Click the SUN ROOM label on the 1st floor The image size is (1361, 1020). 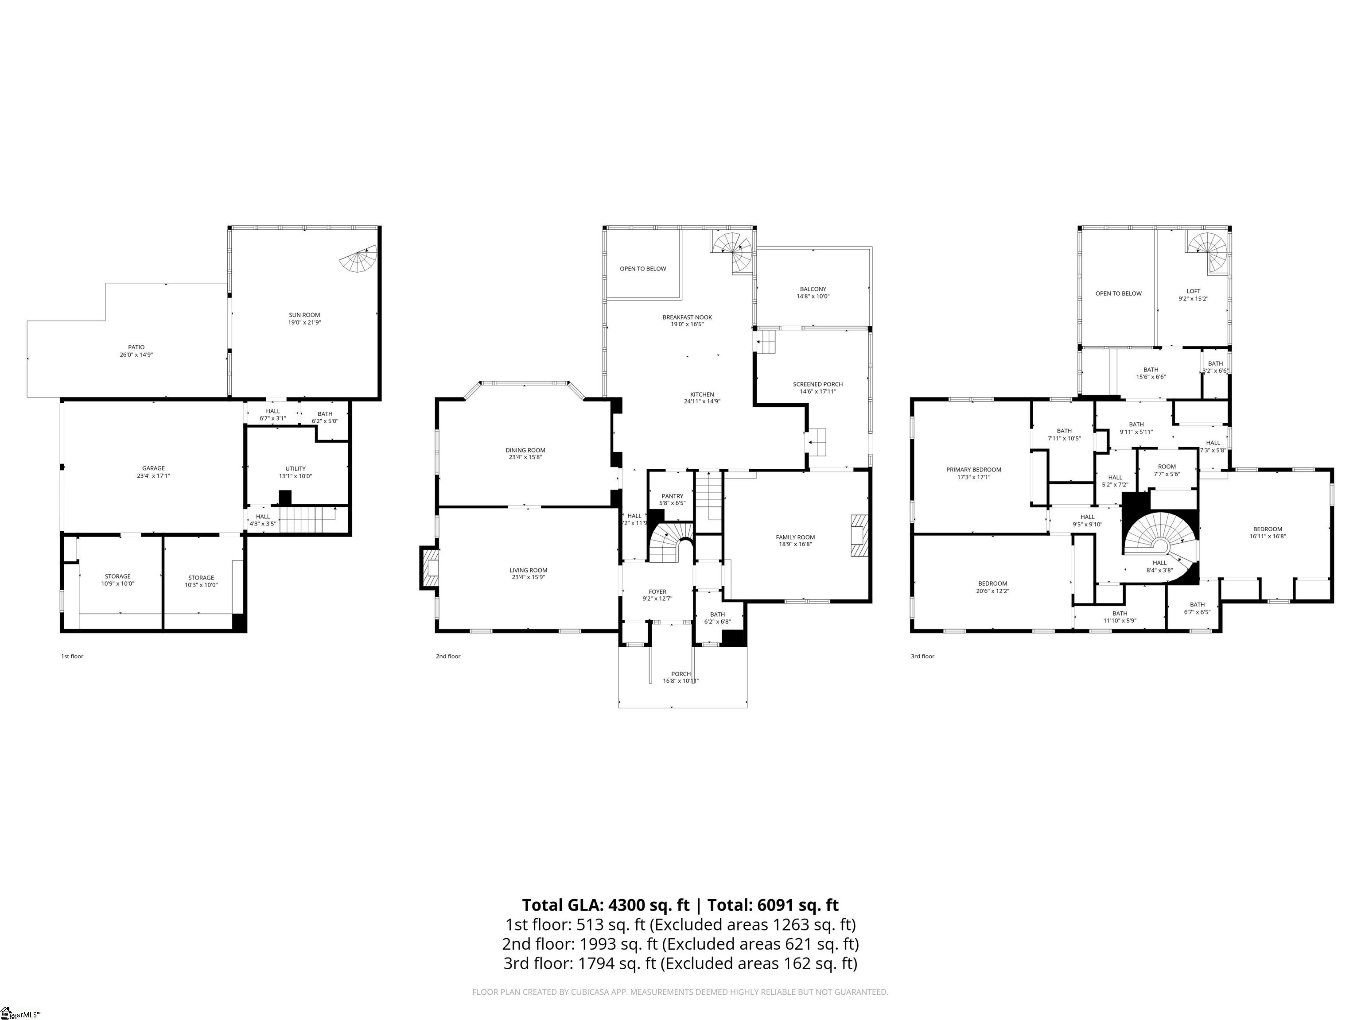point(304,315)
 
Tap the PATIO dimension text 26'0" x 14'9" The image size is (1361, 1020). point(136,355)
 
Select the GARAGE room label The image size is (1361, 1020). point(153,468)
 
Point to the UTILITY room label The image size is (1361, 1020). point(296,468)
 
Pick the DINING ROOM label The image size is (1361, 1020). point(525,450)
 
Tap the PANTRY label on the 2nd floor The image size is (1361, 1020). point(673,496)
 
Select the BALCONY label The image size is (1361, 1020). point(813,289)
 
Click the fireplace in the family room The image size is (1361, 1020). point(859,535)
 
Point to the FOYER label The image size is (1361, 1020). point(657,591)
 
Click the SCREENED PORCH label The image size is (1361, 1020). point(818,384)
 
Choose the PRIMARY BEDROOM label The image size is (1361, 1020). point(973,470)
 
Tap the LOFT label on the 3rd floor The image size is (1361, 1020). point(1193,291)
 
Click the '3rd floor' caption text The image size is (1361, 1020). point(922,656)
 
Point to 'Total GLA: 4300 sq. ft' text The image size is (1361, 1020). point(606,905)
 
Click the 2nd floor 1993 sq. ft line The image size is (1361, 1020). point(680,943)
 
